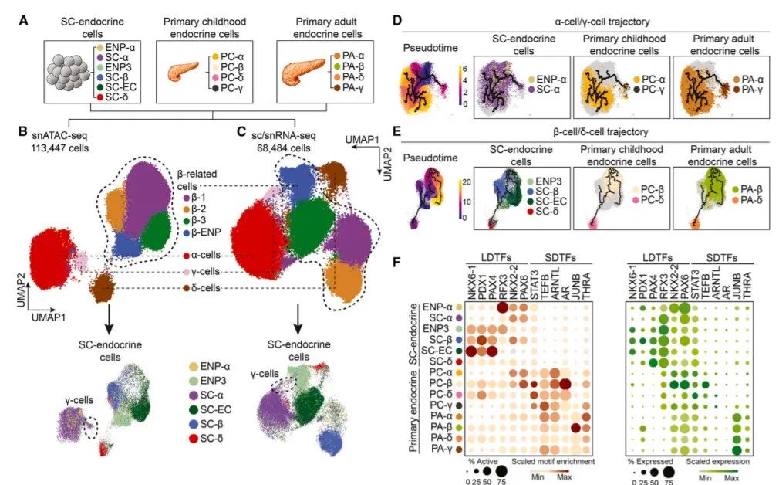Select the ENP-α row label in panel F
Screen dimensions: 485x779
click(432, 307)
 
